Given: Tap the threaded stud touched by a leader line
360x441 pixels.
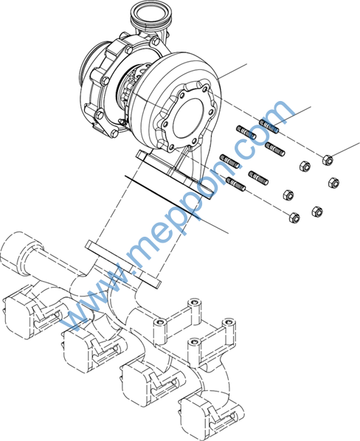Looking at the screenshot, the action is [269, 126].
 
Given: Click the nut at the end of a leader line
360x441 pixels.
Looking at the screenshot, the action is [328, 160].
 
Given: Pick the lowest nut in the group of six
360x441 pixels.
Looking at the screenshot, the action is [294, 218].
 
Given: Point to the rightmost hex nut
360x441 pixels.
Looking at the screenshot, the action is [333, 183].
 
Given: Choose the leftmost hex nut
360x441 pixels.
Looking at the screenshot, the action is [288, 195].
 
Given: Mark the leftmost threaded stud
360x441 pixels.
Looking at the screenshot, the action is [229, 162].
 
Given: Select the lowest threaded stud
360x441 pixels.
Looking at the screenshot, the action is [236, 184].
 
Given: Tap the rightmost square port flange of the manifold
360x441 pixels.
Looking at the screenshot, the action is [197, 420].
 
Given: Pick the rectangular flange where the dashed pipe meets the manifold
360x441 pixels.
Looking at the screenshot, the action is [123, 264].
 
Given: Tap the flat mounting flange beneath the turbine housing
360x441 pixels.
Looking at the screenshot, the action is [174, 175].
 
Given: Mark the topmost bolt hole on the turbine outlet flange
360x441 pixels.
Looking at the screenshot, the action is [205, 89].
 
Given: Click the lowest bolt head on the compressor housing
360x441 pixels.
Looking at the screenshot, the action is [114, 133].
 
